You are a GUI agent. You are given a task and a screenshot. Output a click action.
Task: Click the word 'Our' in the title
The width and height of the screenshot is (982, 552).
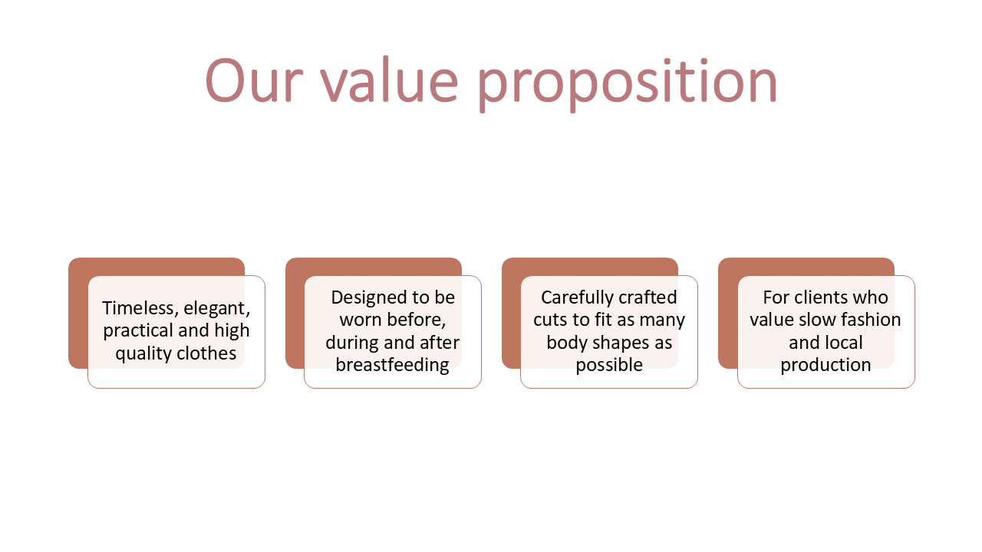254,80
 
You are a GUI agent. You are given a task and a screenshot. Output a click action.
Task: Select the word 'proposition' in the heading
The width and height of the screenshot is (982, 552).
628,84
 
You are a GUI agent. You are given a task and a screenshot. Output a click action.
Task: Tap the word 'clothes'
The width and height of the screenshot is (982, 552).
206,353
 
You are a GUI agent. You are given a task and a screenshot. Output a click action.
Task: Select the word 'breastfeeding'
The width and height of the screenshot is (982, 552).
392,365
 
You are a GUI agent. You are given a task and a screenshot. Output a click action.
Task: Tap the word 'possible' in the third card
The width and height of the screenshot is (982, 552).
609,366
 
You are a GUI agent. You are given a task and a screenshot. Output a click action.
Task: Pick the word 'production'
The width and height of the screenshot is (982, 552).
825,366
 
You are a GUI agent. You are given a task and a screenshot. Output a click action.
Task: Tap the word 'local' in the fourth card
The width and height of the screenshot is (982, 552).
843,343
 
